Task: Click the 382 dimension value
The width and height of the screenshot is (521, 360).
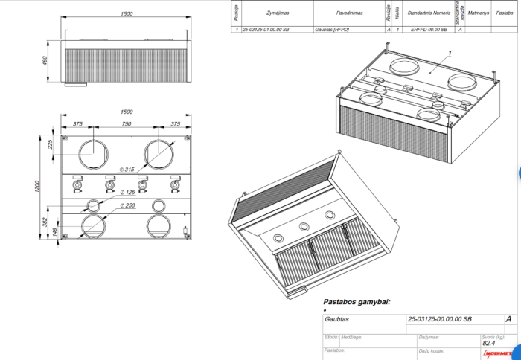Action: [45, 223]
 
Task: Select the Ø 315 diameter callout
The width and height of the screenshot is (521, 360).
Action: [127, 170]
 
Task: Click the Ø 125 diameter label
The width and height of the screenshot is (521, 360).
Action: [127, 193]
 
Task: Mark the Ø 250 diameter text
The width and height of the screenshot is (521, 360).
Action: [127, 205]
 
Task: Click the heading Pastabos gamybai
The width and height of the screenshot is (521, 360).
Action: [357, 303]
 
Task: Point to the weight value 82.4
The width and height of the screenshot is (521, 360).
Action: [489, 344]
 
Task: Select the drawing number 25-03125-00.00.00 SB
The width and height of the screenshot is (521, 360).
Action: [439, 318]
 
